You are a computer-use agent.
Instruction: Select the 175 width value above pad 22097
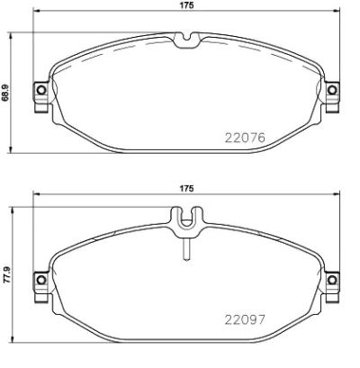tap(186, 188)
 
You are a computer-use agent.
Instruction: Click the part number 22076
tap(243, 139)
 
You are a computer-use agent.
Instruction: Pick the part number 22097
tap(243, 319)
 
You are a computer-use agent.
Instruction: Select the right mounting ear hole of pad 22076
tap(332, 92)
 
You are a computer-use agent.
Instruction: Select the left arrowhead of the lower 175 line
tap(33, 197)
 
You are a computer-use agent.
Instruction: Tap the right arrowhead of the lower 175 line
tap(338, 197)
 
